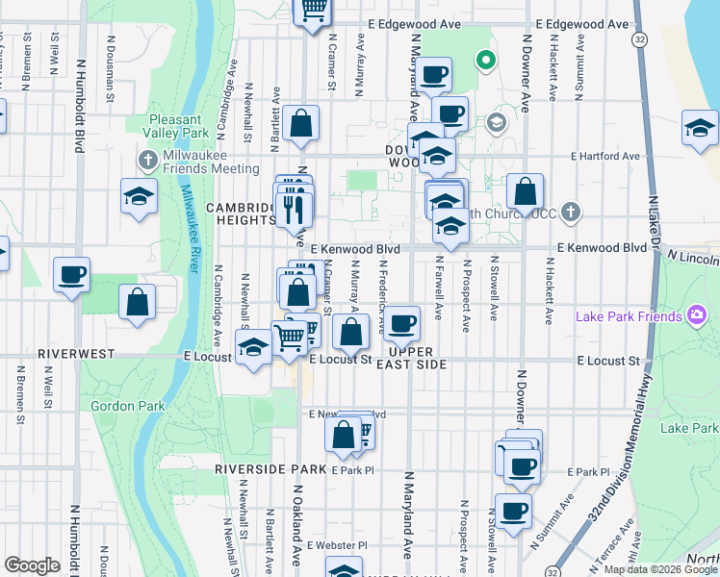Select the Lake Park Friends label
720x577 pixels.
[629, 315]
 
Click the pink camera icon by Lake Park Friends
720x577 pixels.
[696, 315]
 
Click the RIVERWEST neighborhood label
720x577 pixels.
[69, 354]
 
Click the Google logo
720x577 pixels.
[32, 565]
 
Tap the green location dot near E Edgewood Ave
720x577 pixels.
[487, 62]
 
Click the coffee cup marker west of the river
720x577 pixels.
[72, 276]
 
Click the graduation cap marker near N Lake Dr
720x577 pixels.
[700, 129]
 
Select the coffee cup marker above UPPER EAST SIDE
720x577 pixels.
[404, 322]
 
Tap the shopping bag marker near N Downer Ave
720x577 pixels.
[526, 191]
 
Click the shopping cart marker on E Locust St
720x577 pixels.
[290, 337]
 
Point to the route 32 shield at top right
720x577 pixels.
[640, 39]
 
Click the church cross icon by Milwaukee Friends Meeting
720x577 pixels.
[147, 158]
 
